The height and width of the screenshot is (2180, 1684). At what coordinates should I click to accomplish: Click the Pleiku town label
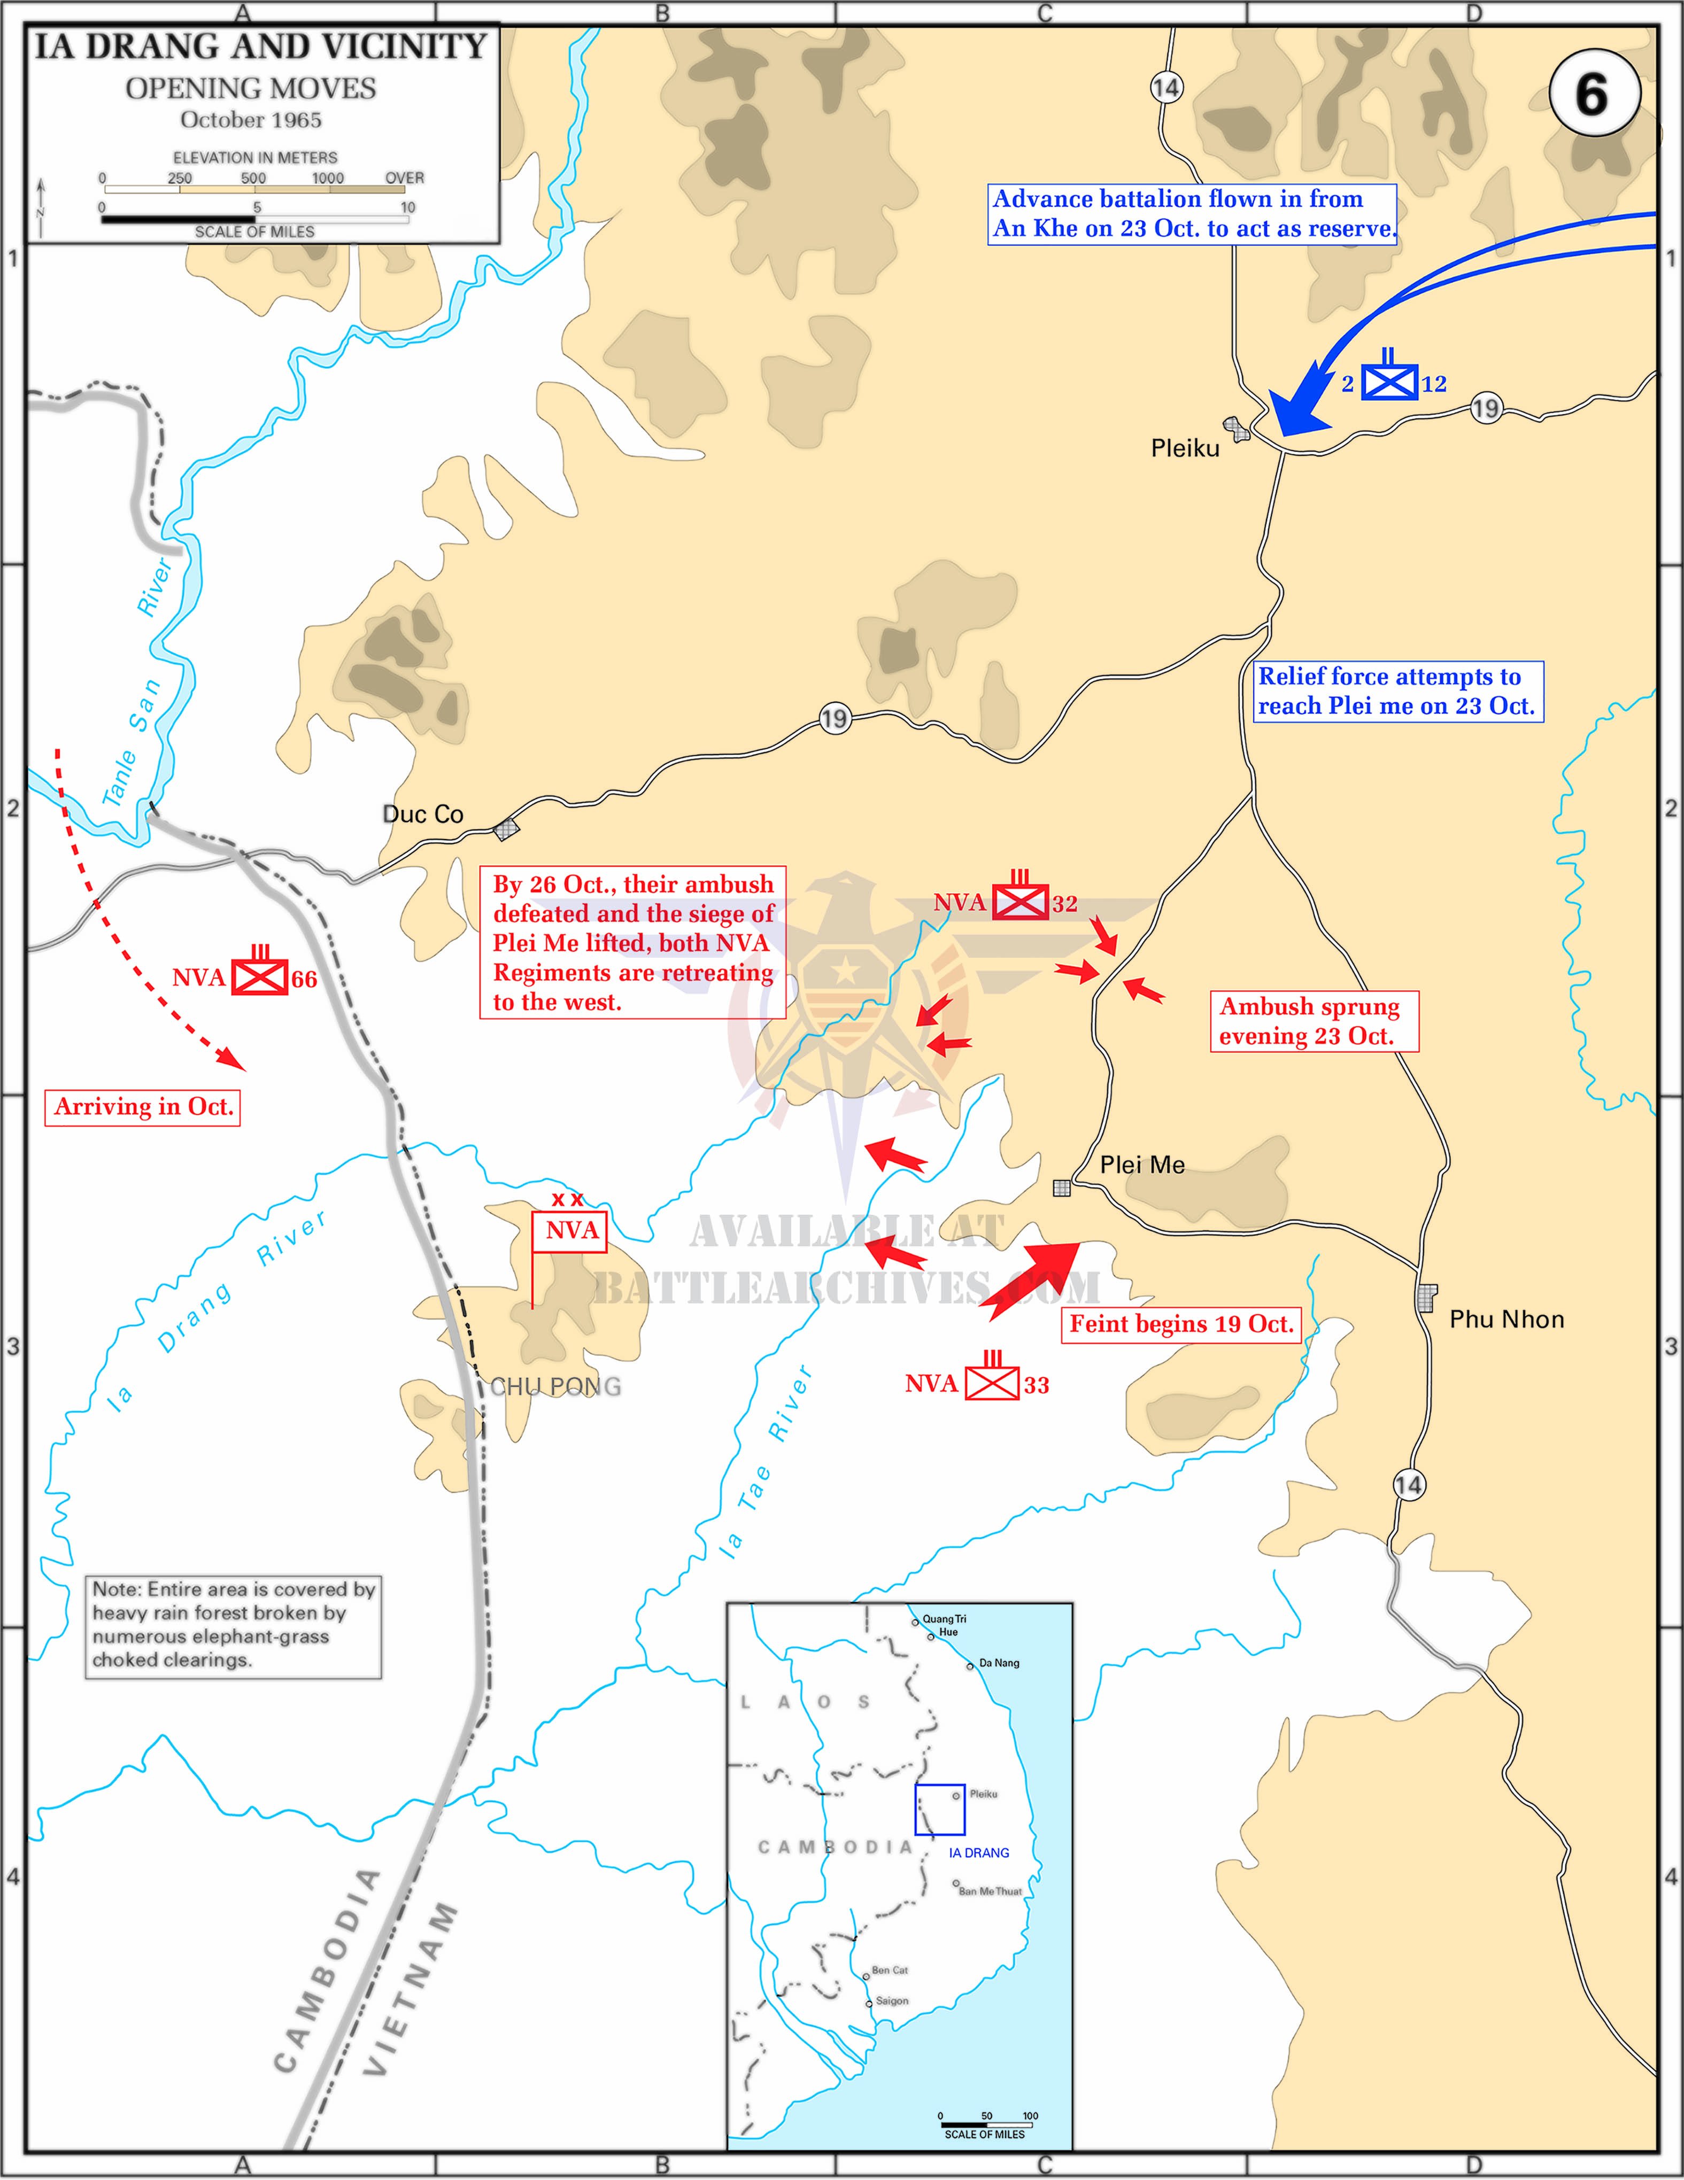[1185, 448]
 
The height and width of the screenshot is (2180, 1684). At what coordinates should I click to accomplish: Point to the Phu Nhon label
[1507, 1320]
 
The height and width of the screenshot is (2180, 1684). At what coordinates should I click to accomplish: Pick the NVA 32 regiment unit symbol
[1020, 902]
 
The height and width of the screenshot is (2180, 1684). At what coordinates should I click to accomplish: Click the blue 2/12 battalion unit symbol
[1391, 381]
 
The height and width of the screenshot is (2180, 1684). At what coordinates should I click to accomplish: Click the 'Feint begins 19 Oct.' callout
[1181, 1324]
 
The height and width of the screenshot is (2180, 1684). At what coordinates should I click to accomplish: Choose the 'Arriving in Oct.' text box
[143, 1107]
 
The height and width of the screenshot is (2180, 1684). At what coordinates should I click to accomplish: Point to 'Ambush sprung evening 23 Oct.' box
[1314, 1021]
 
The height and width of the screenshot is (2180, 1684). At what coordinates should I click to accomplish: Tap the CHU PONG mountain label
[556, 1386]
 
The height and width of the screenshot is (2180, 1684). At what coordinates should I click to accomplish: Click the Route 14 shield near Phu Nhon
[1409, 1485]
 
